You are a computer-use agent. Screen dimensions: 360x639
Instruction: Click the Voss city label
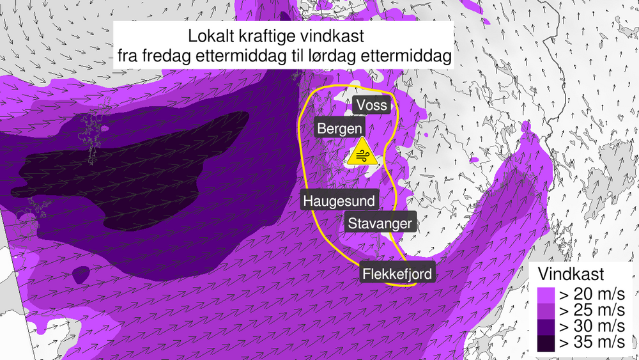pyautogui.click(x=371, y=104)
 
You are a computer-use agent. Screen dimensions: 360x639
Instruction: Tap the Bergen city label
pyautogui.click(x=340, y=129)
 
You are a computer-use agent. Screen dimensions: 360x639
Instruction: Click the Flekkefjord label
pyautogui.click(x=397, y=274)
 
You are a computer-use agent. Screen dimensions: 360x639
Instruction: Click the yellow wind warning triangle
pyautogui.click(x=362, y=153)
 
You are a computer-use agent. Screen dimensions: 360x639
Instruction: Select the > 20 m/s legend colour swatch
pyautogui.click(x=545, y=296)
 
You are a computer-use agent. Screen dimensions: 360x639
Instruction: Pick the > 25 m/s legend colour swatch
pyautogui.click(x=545, y=311)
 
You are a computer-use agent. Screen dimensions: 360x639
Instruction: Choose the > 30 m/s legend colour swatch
pyautogui.click(x=545, y=327)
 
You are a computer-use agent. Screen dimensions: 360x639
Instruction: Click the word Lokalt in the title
pyautogui.click(x=212, y=35)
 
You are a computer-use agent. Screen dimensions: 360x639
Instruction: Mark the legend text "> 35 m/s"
pyautogui.click(x=592, y=342)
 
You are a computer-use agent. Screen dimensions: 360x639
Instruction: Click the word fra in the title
pyautogui.click(x=128, y=56)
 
